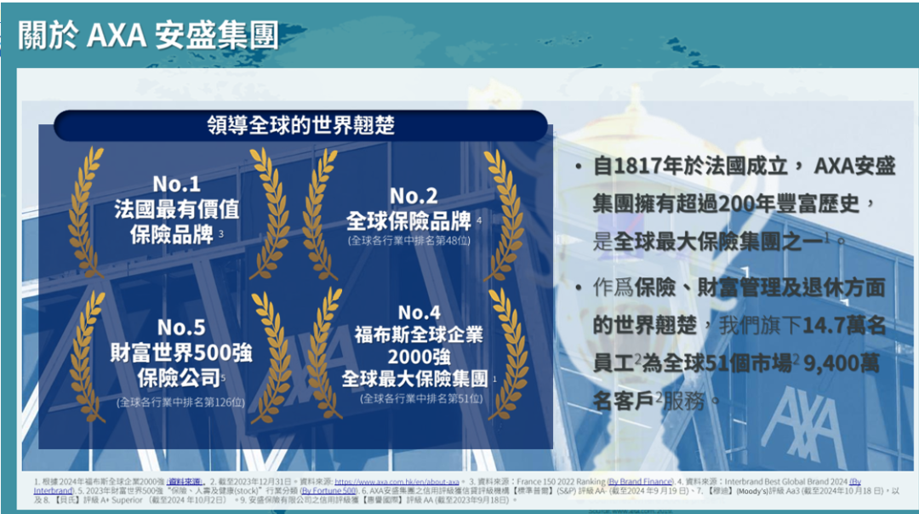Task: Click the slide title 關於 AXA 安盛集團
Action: coord(148,36)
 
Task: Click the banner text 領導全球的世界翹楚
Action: coord(301,125)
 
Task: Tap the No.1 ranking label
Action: coord(177,184)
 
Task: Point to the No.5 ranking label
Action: coord(180,327)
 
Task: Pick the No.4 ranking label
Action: coord(419,312)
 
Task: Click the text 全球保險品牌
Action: coord(409,221)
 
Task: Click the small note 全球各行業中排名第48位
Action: coord(409,241)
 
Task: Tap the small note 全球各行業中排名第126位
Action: coord(180,401)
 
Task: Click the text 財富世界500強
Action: coord(180,351)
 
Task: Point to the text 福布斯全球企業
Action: coord(419,334)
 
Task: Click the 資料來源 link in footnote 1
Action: coord(185,482)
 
